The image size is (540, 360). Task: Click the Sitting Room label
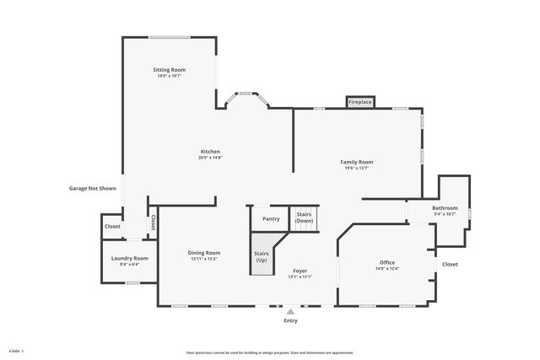click(x=169, y=69)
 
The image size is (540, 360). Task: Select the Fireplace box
click(x=360, y=102)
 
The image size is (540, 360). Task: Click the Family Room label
click(x=356, y=162)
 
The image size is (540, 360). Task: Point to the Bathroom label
click(x=445, y=207)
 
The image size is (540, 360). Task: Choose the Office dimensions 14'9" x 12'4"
click(x=387, y=269)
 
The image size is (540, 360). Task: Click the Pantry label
click(x=271, y=218)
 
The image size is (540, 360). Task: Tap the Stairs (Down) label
click(x=305, y=218)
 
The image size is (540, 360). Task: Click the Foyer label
click(x=300, y=271)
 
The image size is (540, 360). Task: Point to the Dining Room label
click(x=203, y=253)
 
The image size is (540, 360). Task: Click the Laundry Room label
click(x=129, y=258)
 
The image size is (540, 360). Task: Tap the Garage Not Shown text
click(x=92, y=189)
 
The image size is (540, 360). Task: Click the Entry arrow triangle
click(x=290, y=311)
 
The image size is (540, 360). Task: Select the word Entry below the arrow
click(x=290, y=321)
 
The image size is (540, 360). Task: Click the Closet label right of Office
click(x=450, y=264)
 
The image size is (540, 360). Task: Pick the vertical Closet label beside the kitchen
click(x=153, y=223)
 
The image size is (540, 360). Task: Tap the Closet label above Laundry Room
click(x=112, y=226)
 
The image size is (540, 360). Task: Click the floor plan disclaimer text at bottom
click(x=270, y=352)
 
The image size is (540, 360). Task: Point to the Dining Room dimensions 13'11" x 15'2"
click(x=203, y=259)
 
